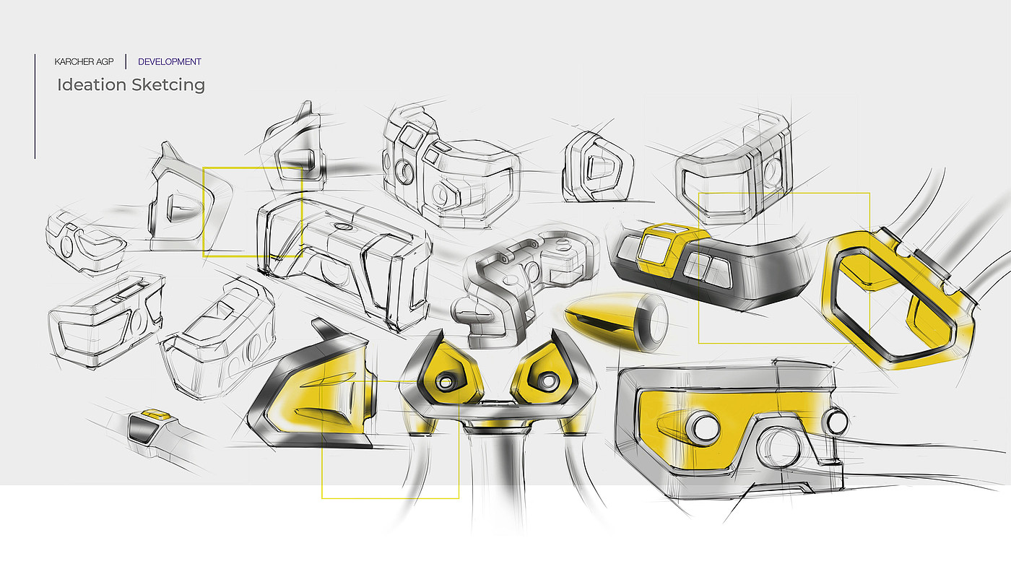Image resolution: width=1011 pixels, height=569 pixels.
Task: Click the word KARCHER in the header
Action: [74, 62]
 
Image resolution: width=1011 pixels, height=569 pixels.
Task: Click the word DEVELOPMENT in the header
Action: [170, 62]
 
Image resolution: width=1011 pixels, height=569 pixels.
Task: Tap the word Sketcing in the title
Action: [168, 85]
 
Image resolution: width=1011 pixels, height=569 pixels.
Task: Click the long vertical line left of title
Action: [35, 106]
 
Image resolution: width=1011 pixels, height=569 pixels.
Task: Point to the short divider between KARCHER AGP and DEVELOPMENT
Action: [126, 62]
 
